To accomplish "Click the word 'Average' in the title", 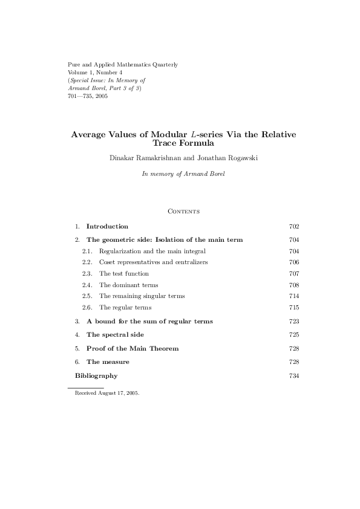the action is [92, 135].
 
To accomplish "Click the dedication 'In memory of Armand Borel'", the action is [183, 173].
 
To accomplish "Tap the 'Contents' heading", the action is [183, 212].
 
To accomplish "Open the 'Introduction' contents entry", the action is [107, 227].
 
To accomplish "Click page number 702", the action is [295, 227].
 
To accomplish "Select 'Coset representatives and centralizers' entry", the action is [153, 262].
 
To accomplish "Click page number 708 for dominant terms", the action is [295, 285].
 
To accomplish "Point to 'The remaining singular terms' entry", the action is [142, 296].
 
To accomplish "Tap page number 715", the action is [295, 308].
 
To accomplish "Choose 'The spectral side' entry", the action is [115, 335].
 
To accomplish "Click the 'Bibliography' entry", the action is [96, 376].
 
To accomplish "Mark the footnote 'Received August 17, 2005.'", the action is [107, 394].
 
